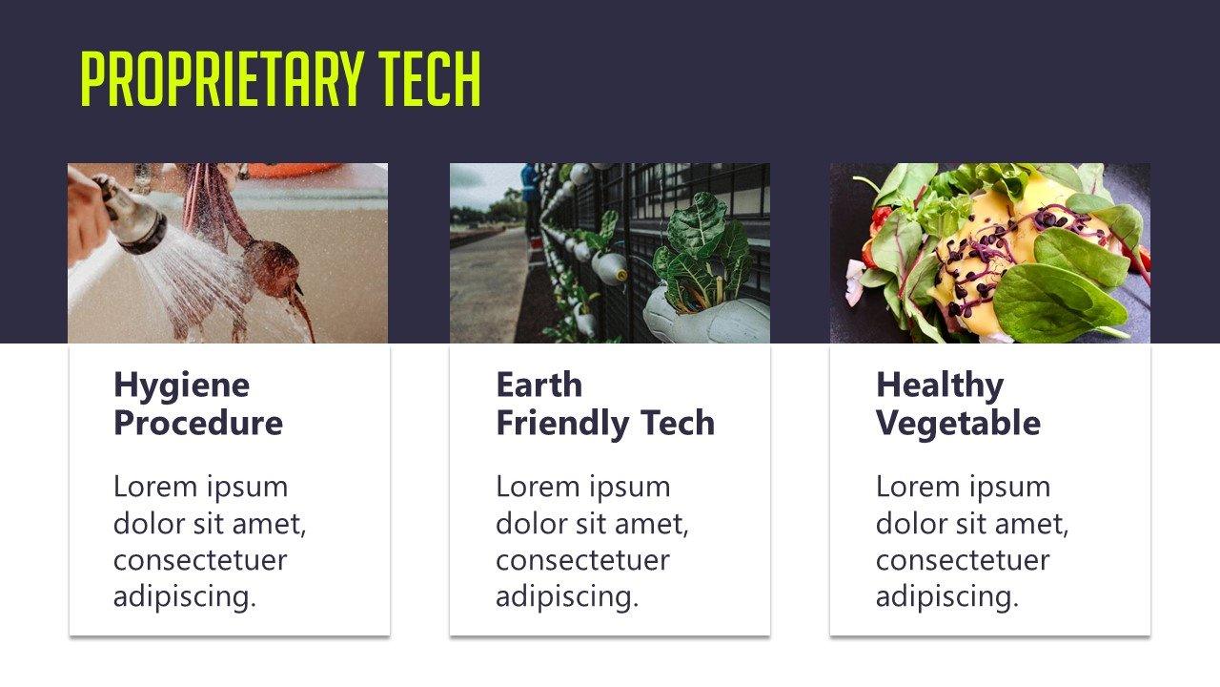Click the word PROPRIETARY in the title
222,79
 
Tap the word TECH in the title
430,79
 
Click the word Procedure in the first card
198,423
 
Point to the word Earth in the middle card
539,385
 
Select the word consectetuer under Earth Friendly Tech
582,560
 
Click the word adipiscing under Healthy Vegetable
947,597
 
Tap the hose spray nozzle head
138,225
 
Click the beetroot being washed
272,265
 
